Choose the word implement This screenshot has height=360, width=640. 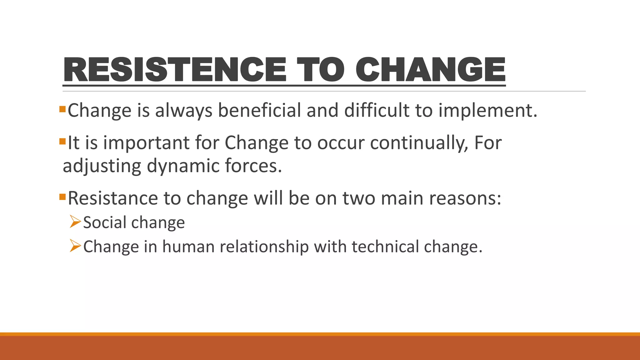pos(487,111)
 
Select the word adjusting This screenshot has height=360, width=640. pos(102,166)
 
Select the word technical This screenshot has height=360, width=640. pos(385,247)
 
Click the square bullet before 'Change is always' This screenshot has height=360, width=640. pos(62,109)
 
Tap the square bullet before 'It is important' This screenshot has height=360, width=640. pos(62,142)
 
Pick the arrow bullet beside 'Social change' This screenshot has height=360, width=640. pos(75,222)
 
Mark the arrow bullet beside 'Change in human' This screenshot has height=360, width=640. pos(75,246)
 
